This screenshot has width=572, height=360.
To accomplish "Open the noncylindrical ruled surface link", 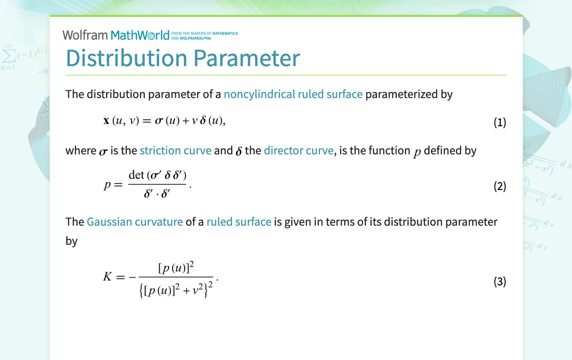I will (293, 94).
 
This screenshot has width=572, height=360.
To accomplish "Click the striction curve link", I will (175, 151).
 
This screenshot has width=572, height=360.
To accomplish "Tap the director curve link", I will (298, 151).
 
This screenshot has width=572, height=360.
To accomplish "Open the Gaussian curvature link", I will (135, 222).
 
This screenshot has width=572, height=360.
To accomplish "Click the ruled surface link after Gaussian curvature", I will (239, 222).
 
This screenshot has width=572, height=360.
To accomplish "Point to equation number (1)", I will (499, 122).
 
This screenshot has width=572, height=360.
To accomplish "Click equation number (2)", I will (499, 186).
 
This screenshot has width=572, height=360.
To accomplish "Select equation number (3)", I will (499, 281).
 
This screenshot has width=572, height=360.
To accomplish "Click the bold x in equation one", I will (106, 122).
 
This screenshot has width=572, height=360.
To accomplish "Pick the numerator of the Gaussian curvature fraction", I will (176, 268).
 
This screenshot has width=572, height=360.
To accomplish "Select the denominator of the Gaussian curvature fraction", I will (177, 289).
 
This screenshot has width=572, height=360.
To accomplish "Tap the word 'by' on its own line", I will (72, 241).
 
